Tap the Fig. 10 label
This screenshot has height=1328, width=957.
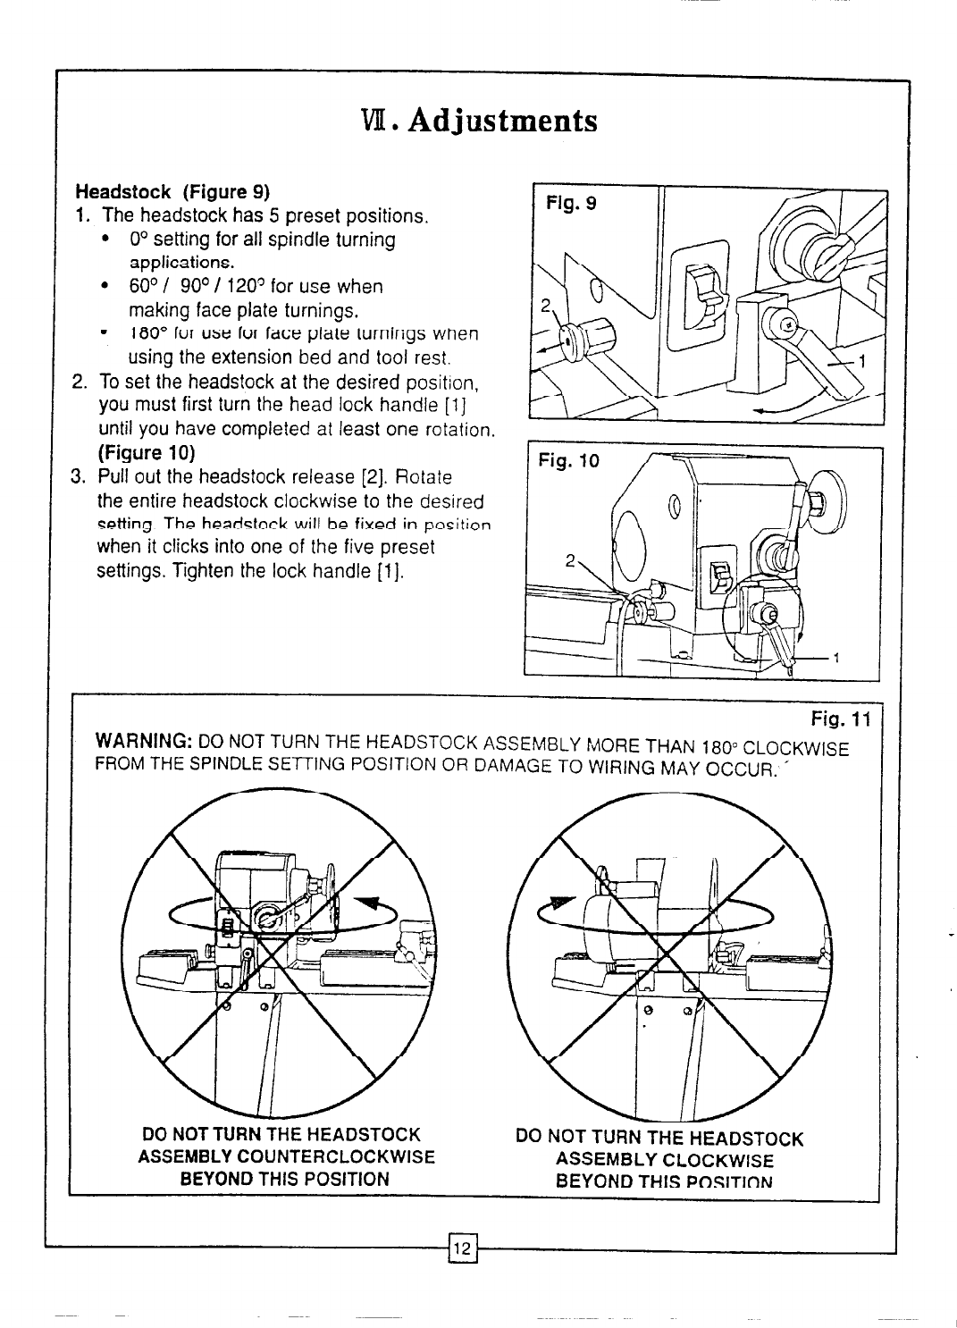pyautogui.click(x=568, y=462)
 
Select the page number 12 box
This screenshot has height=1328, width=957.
pyautogui.click(x=463, y=1246)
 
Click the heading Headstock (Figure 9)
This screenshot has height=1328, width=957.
pyautogui.click(x=172, y=192)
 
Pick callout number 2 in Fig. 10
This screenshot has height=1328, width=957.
pyautogui.click(x=568, y=563)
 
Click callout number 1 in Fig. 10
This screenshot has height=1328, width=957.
pyautogui.click(x=836, y=660)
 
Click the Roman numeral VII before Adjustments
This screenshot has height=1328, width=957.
pyautogui.click(x=368, y=120)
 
